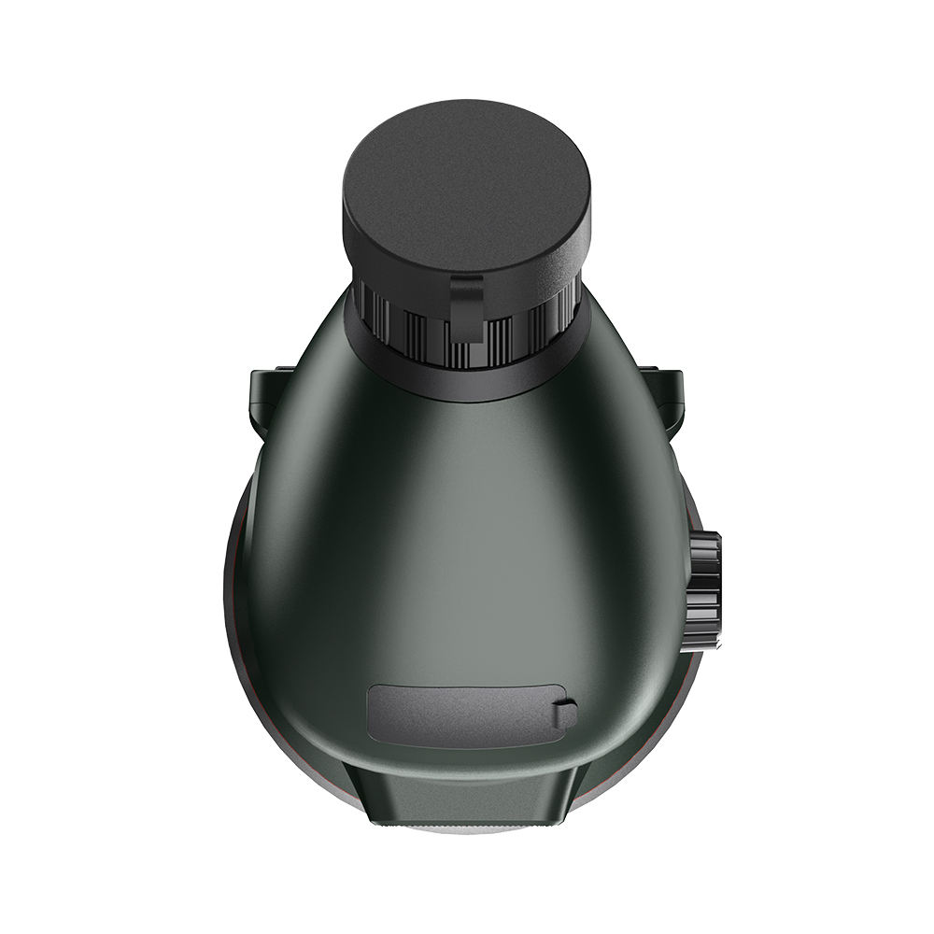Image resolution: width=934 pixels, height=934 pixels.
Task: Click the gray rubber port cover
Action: coord(458,715)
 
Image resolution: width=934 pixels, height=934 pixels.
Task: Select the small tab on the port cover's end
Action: coord(564,715)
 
